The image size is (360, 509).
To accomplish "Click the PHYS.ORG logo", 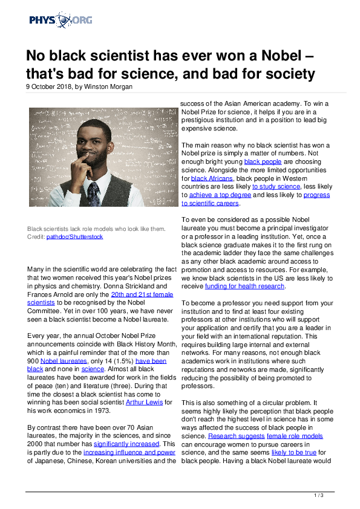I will (x=61, y=21).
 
